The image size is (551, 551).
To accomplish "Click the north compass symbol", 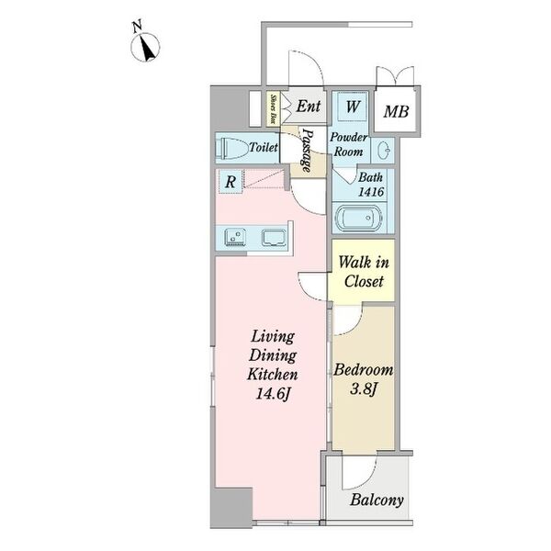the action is coord(145,47).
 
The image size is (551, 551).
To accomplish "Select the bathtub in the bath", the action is coord(358,218).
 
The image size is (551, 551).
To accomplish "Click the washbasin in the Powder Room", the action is coord(383,152).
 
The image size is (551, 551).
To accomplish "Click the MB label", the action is coord(396,112).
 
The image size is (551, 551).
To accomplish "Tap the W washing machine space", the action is coord(353,107).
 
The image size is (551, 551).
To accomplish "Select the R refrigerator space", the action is coord(231,182).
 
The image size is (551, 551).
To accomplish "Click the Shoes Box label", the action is coord(273,108).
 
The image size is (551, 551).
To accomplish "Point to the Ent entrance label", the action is coord(309,107).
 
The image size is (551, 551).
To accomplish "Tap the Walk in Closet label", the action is coord(364,272).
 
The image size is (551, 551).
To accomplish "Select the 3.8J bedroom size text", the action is coord(364,389).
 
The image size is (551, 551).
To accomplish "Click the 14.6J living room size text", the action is coord(273,394).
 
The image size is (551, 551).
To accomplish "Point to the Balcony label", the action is coord(377,500).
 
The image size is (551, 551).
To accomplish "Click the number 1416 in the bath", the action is coord(371,192).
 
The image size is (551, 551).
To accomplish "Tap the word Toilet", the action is coord(264,147).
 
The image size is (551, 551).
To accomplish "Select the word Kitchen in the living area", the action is coord(273,375).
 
